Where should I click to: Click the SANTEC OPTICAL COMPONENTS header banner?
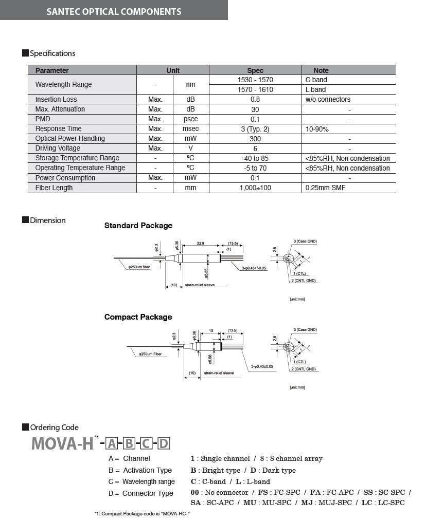coord(114,11)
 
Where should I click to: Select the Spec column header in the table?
coord(255,70)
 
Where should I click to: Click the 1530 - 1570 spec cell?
coord(255,80)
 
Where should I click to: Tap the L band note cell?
coord(315,89)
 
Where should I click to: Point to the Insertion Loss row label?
coord(56,99)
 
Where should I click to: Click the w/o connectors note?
coord(328,99)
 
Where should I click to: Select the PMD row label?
coord(43,119)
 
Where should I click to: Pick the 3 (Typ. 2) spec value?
coord(255,129)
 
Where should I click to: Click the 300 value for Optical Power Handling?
coord(255,139)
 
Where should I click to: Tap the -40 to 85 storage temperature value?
coord(255,158)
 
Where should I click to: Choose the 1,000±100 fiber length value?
coord(255,188)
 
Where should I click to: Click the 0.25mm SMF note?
coord(326,188)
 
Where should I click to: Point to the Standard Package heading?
coord(138,226)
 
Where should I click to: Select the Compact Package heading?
coord(138,317)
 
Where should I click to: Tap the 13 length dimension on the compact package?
coord(211,331)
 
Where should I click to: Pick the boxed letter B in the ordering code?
coord(129,443)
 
